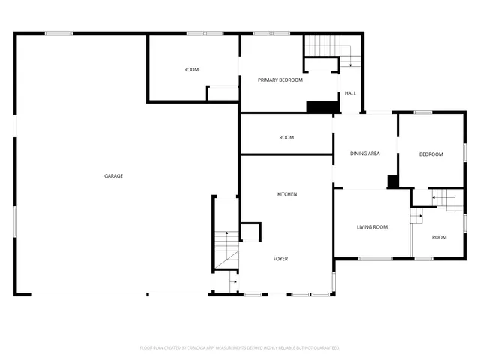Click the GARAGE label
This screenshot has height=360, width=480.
[x=113, y=176]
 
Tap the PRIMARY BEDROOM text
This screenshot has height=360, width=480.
[x=280, y=79]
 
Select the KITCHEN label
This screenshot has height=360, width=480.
[x=287, y=194]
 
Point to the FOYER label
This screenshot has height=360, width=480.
[x=280, y=259]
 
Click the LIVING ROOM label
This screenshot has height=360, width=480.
[x=371, y=226]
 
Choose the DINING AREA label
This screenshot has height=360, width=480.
[x=365, y=154]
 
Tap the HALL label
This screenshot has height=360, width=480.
[x=350, y=93]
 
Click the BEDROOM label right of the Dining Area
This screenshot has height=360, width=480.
[x=430, y=154]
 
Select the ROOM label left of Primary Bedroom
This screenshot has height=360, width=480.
[x=191, y=70]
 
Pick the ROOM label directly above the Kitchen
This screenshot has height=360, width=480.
[x=286, y=137]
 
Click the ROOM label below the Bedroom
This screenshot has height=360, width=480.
[x=439, y=237]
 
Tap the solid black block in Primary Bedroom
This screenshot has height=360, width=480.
[x=319, y=106]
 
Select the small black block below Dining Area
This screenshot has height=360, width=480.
[x=391, y=181]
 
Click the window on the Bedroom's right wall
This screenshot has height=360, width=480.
[x=465, y=151]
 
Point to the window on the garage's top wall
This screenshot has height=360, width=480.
[x=58, y=34]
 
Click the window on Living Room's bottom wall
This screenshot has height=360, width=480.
[x=375, y=259]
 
